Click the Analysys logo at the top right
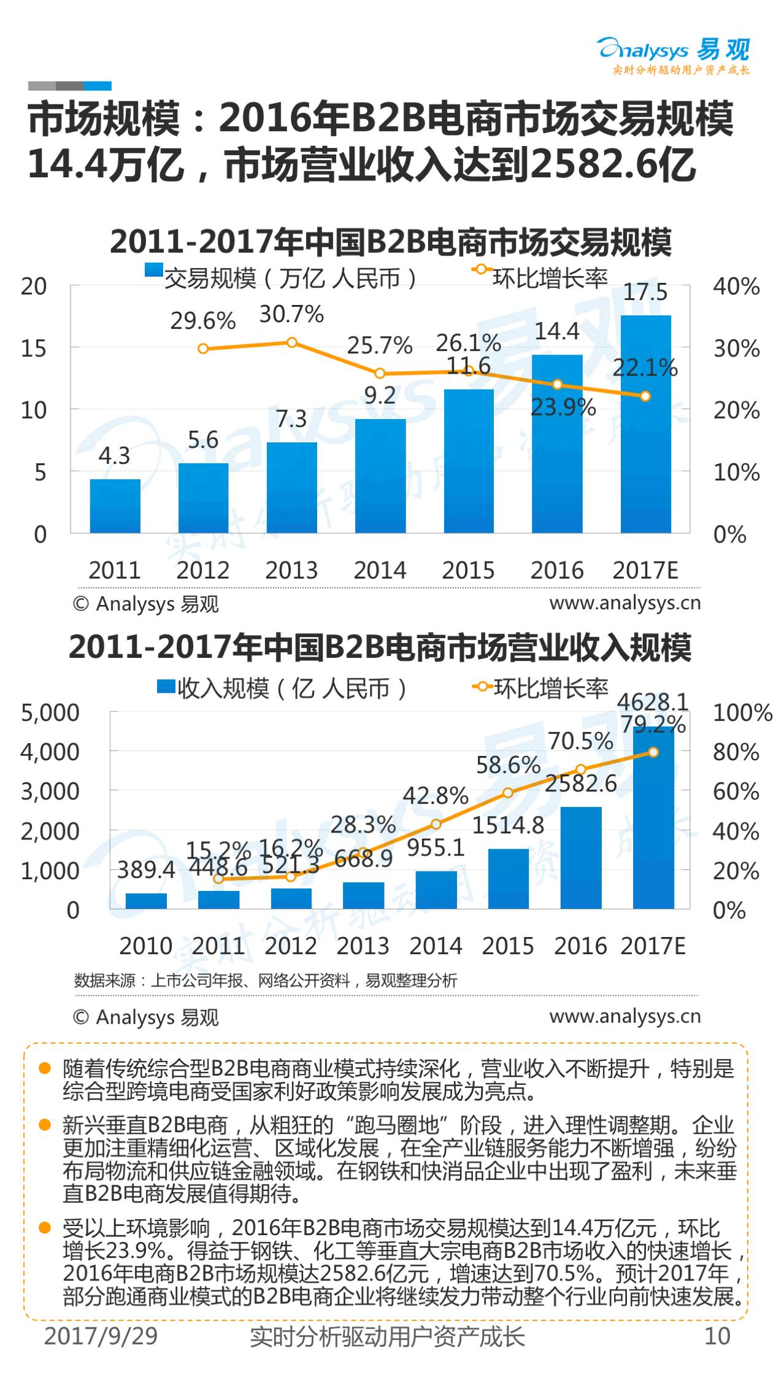(x=674, y=55)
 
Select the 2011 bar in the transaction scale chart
(x=115, y=506)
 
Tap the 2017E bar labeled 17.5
(x=645, y=424)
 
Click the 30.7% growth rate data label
(x=291, y=314)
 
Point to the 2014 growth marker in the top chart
(x=380, y=373)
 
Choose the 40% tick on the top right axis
(x=736, y=287)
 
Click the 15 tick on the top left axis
(x=34, y=349)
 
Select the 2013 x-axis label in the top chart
(x=291, y=570)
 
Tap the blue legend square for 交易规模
(x=153, y=270)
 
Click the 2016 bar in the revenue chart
(x=581, y=858)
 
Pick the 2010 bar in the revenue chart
(x=146, y=901)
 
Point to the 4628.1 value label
(x=653, y=701)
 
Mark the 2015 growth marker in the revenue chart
(x=508, y=793)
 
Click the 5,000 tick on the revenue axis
(x=50, y=712)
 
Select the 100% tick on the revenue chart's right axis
(x=742, y=712)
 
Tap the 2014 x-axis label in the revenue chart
(x=436, y=946)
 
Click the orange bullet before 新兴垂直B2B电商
(x=44, y=1125)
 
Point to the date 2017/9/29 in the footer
(x=101, y=1336)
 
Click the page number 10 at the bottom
(x=718, y=1336)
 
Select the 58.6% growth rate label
(x=508, y=765)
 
